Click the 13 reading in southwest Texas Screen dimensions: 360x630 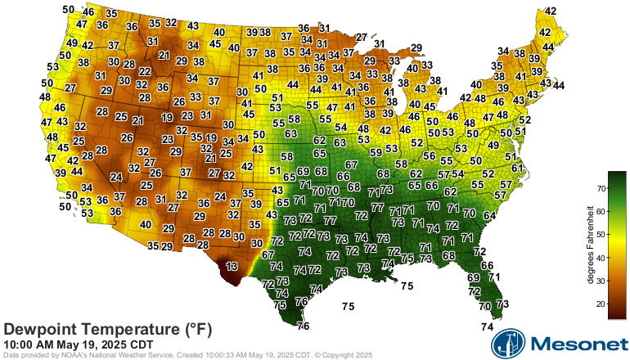(x=232, y=267)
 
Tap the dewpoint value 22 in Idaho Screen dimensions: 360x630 (x=145, y=72)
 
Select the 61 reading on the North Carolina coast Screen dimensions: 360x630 (x=516, y=168)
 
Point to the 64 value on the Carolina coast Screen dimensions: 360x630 (x=489, y=216)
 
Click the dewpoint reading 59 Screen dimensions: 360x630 (x=376, y=152)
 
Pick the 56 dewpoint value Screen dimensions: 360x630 (x=429, y=155)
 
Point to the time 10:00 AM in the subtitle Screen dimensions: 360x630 (x=29, y=344)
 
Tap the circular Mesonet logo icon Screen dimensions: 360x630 (x=506, y=344)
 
